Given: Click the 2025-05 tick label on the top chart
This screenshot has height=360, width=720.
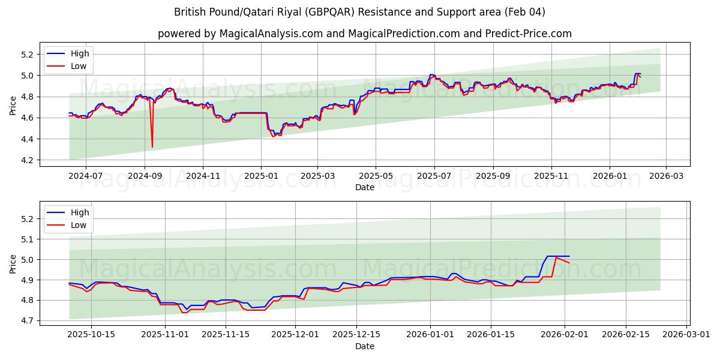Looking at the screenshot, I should click(376, 176).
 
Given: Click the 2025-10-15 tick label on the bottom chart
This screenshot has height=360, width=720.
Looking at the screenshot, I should click(92, 335).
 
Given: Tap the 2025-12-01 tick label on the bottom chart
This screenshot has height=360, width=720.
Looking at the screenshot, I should click(295, 335).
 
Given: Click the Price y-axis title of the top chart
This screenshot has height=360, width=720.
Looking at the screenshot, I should click(13, 106).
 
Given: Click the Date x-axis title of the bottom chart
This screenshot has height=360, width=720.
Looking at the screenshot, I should click(364, 346).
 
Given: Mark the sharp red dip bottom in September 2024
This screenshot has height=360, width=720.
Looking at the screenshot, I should click(152, 147).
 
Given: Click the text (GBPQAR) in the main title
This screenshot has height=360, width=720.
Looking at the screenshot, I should click(335, 12).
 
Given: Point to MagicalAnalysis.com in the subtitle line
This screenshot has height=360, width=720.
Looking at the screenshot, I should click(260, 34).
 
